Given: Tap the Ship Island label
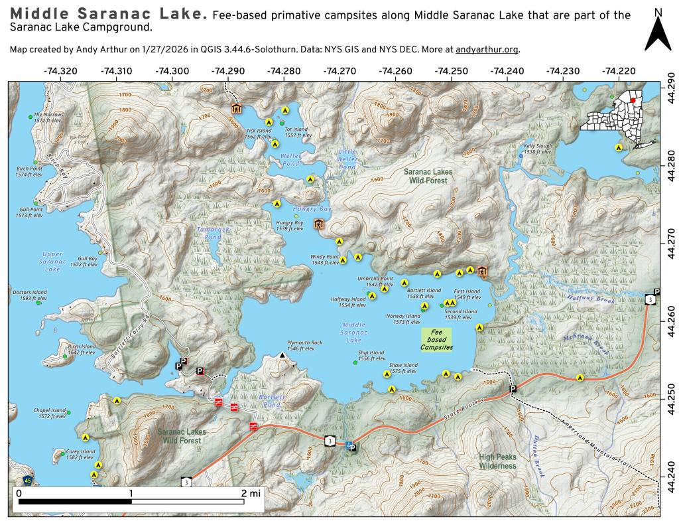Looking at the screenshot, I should pos(371,356).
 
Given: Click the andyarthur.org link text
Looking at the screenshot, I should pos(487,50).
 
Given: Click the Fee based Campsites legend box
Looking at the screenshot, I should pos(436,340).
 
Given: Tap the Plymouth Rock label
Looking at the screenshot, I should pos(304,345).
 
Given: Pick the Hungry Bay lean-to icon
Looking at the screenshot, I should pos(319,225).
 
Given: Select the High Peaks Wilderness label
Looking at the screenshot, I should pos(497,461).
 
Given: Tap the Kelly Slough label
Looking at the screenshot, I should pos(537,149).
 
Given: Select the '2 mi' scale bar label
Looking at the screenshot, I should pos(252,492).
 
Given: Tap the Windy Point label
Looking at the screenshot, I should pos(326,260).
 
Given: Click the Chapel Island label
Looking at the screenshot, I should pos(50,413).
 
